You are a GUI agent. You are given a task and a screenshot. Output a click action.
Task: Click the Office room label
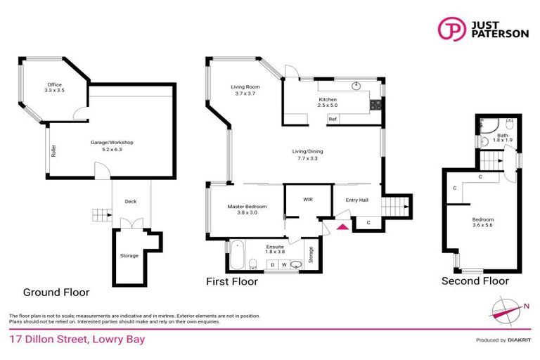point(55,84)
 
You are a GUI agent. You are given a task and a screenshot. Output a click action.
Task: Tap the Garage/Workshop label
point(112,143)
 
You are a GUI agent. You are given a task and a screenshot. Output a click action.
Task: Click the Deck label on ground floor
point(131,202)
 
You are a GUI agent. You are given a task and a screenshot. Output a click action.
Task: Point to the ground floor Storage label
point(129,255)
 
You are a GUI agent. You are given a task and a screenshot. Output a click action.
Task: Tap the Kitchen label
point(328,100)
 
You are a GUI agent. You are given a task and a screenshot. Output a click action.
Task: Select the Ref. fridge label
point(333,119)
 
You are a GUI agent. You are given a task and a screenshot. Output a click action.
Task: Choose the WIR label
point(307,200)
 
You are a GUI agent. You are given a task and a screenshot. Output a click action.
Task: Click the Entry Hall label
point(356,200)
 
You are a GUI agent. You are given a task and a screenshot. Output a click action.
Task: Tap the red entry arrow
point(343,226)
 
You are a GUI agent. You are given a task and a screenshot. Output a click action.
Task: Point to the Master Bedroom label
point(245,207)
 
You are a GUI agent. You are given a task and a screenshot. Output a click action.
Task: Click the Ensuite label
point(275,247)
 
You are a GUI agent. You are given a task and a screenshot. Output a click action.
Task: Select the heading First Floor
point(231,281)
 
